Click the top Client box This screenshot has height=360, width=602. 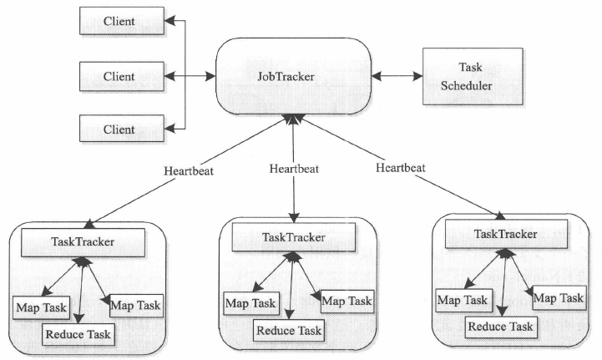point(122,21)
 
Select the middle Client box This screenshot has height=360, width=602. point(122,77)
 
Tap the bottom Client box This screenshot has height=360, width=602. point(122,129)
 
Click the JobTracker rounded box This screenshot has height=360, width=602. point(294,76)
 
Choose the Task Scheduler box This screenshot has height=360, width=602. point(473,76)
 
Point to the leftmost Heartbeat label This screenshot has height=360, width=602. point(189,171)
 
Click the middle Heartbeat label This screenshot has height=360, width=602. point(294,169)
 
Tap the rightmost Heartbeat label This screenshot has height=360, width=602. point(401,168)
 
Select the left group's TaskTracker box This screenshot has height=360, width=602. point(83,242)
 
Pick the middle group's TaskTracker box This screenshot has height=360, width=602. point(294,237)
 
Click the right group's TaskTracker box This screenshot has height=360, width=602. point(506,234)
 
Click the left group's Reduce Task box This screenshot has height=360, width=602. point(78,334)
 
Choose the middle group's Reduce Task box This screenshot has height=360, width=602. point(289,331)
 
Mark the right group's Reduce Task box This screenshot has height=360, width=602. point(501,327)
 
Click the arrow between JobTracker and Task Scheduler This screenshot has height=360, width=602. point(397,76)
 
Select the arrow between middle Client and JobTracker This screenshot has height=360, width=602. point(190,76)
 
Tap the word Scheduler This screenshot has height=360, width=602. point(466,86)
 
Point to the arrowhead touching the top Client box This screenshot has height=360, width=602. point(169,21)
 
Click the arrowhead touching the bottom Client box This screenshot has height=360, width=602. point(169,129)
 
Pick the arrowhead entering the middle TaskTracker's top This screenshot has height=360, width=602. point(294,218)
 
